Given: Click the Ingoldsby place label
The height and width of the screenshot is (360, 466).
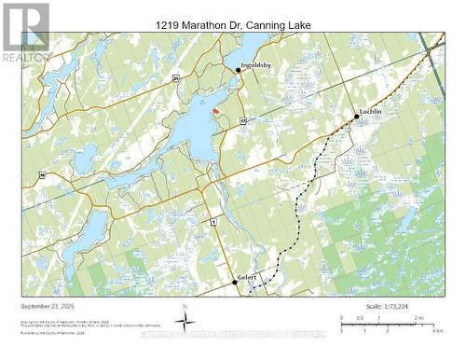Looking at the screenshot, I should coord(255,65).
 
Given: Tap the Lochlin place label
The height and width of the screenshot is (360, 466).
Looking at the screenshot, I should coord(373,111).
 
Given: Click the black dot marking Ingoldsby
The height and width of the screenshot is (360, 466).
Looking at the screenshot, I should coord(239,71).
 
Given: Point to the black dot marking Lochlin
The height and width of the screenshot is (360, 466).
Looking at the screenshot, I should coord(356,117).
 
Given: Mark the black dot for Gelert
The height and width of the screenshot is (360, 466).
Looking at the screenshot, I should coord(234,282).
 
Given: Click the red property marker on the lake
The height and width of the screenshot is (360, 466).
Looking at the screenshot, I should coord(216,110).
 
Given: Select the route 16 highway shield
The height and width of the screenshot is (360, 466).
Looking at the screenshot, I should coord(42,173).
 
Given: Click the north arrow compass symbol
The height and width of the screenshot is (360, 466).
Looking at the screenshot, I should coord(186,323).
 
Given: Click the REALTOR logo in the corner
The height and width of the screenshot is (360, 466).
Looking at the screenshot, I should coord(25,33).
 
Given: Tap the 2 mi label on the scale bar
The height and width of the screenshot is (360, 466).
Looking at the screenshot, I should coord(419,318).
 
